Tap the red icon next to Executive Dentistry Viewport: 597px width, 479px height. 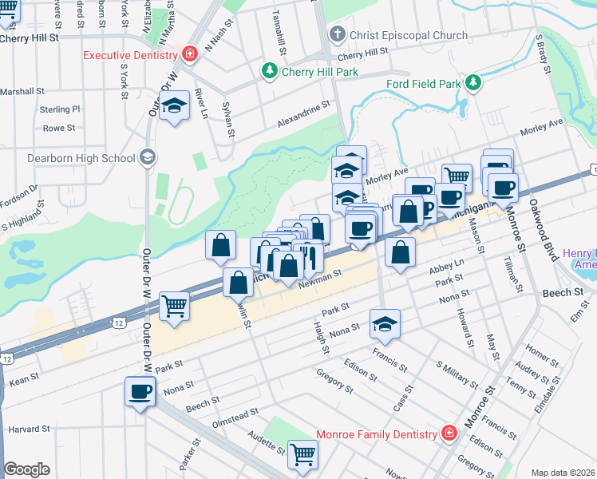tap(190, 55)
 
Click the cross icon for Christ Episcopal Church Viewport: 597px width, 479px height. tap(337, 34)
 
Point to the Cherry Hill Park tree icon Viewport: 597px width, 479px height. tap(270, 72)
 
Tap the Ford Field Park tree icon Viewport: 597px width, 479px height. tap(473, 82)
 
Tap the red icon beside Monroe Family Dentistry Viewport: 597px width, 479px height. tap(449, 433)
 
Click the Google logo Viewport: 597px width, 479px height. tap(26, 469)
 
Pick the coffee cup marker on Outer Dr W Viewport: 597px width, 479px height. tap(140, 392)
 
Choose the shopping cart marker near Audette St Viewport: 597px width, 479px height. tap(303, 453)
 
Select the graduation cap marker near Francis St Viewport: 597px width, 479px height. tap(385, 323)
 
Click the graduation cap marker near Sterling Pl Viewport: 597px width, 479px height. tap(172, 106)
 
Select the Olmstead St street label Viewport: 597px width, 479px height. tap(234, 418)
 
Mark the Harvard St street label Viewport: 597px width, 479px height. tap(29, 430)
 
